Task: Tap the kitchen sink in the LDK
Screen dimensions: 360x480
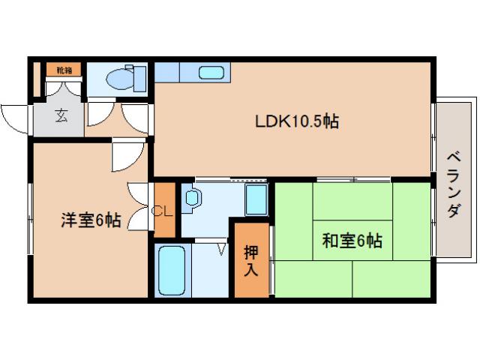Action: click(x=211, y=73)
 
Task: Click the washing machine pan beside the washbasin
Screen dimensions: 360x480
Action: click(x=256, y=199)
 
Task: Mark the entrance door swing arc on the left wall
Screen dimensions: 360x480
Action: click(x=15, y=118)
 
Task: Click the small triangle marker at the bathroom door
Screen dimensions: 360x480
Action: click(x=221, y=247)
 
